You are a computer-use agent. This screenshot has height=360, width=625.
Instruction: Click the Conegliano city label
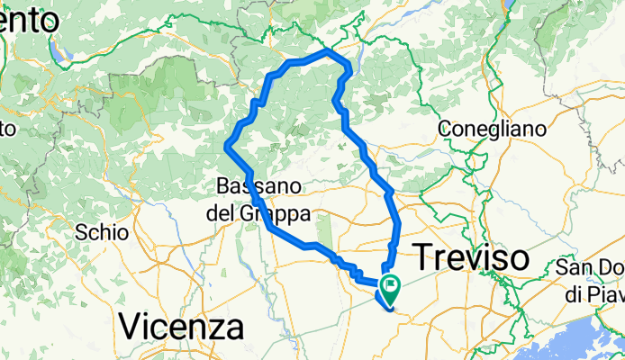(492, 129)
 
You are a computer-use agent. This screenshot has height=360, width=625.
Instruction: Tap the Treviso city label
(471, 257)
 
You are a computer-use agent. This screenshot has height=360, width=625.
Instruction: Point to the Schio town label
(102, 231)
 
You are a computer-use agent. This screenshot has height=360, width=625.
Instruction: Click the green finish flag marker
(392, 290)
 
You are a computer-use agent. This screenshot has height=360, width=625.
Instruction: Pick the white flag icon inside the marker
(392, 288)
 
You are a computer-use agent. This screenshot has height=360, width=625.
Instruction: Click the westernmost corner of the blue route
(226, 145)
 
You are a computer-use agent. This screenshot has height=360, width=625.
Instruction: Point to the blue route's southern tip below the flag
(392, 310)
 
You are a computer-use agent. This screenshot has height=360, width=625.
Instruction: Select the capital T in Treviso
(424, 257)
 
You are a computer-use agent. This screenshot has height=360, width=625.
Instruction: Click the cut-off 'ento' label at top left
(26, 17)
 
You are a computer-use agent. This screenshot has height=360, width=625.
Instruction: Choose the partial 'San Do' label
(590, 268)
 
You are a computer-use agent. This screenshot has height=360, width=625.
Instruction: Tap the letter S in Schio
(83, 231)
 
